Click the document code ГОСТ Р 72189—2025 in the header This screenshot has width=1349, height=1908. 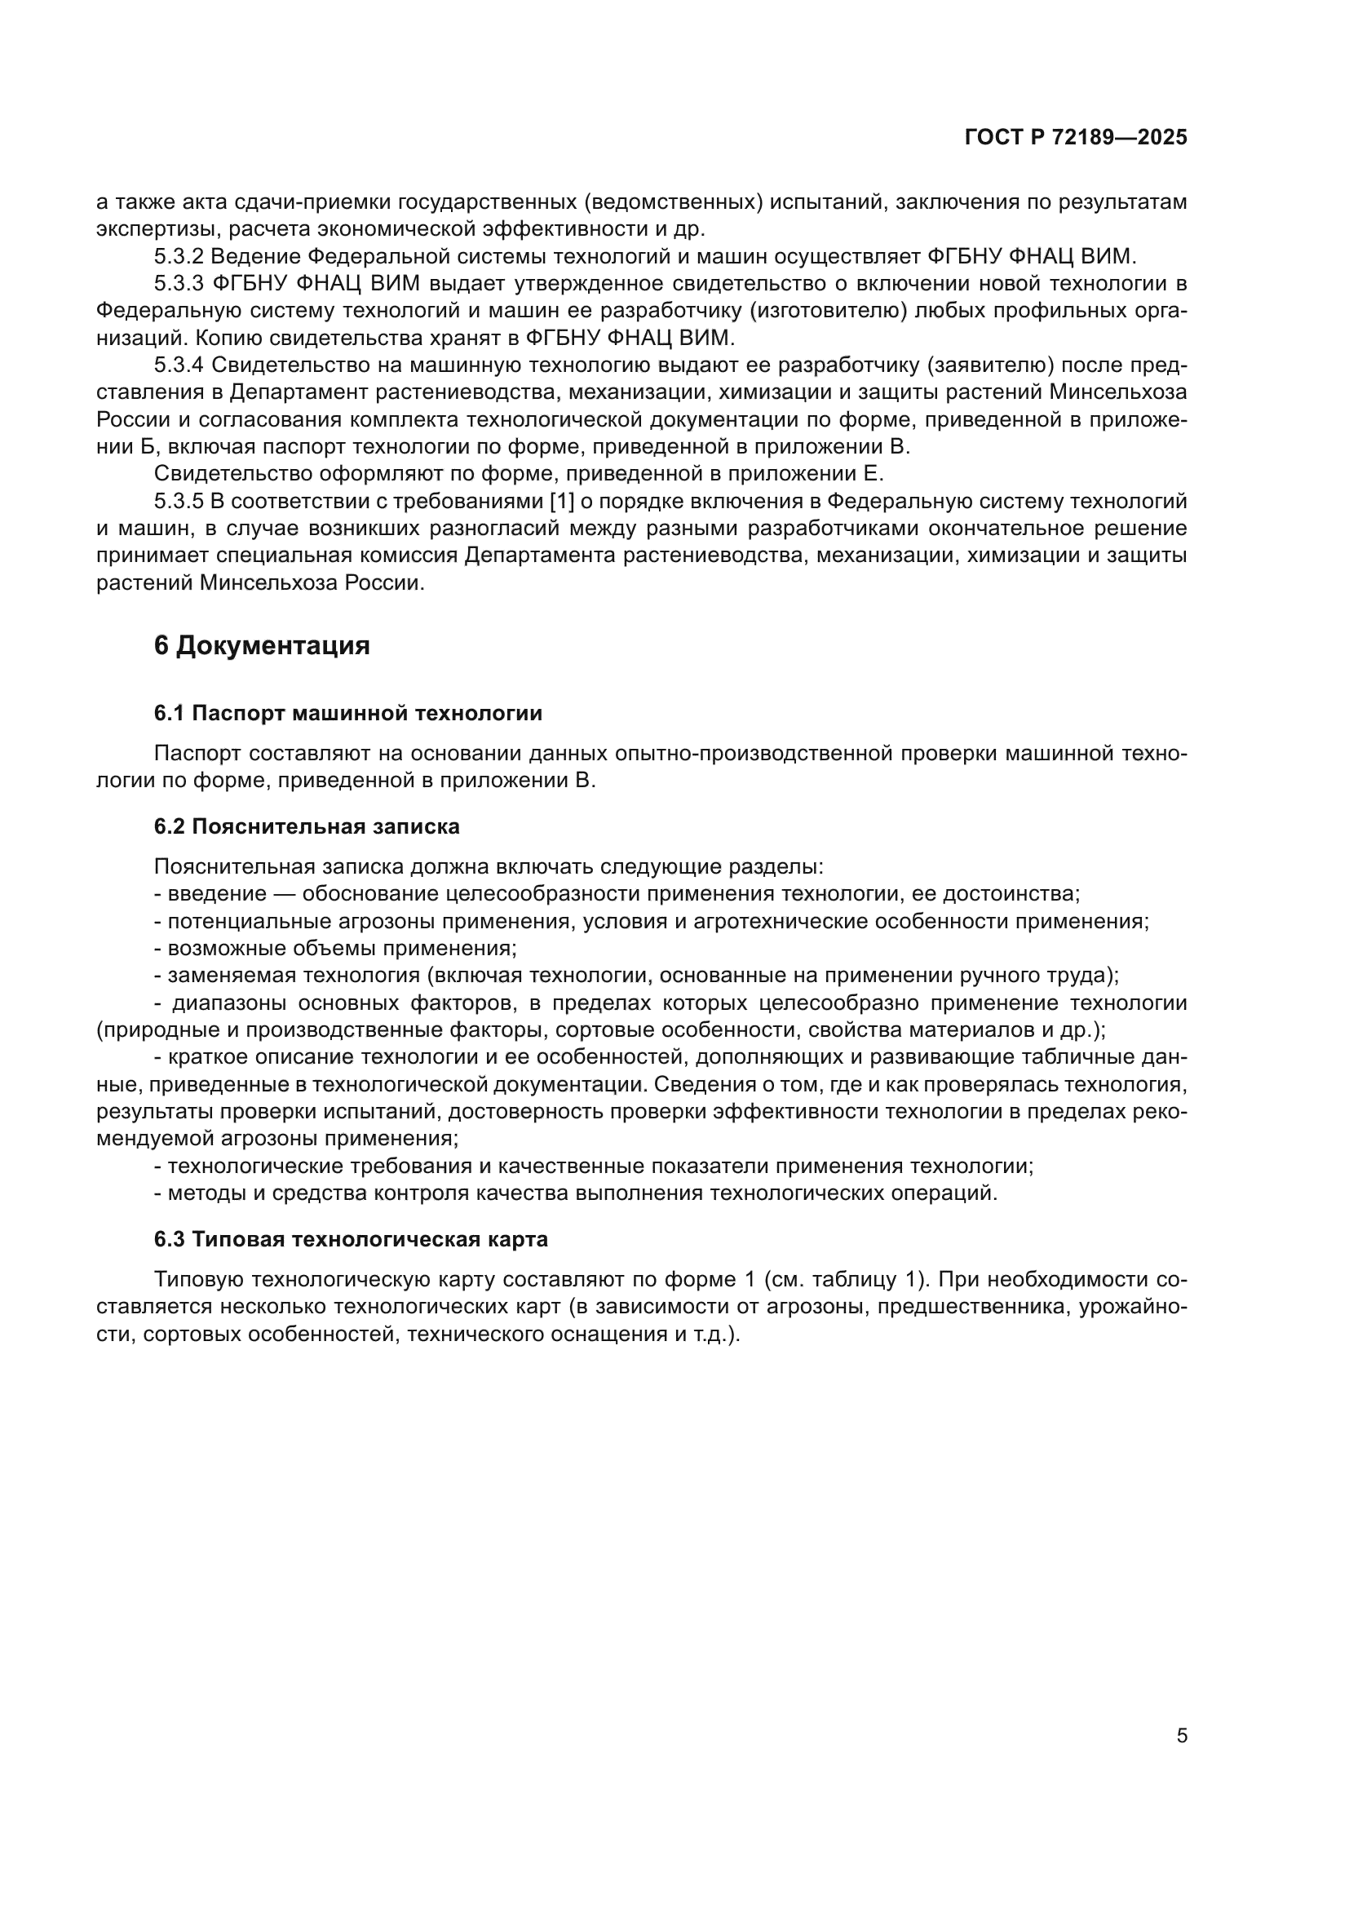pos(1076,138)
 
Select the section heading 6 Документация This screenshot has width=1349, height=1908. pos(262,646)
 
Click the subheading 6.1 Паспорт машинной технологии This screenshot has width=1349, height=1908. pos(348,713)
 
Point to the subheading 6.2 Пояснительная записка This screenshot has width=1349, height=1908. pos(307,826)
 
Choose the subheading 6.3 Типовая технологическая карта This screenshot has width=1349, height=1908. pos(351,1239)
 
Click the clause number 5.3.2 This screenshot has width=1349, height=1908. pos(179,256)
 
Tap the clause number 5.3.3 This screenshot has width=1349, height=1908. pos(179,283)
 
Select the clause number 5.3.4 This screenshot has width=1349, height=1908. pos(179,365)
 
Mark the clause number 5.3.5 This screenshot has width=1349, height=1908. pos(179,501)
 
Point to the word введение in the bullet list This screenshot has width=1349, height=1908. pos(218,894)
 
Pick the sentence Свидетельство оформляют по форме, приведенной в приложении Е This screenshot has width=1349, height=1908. pos(520,474)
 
